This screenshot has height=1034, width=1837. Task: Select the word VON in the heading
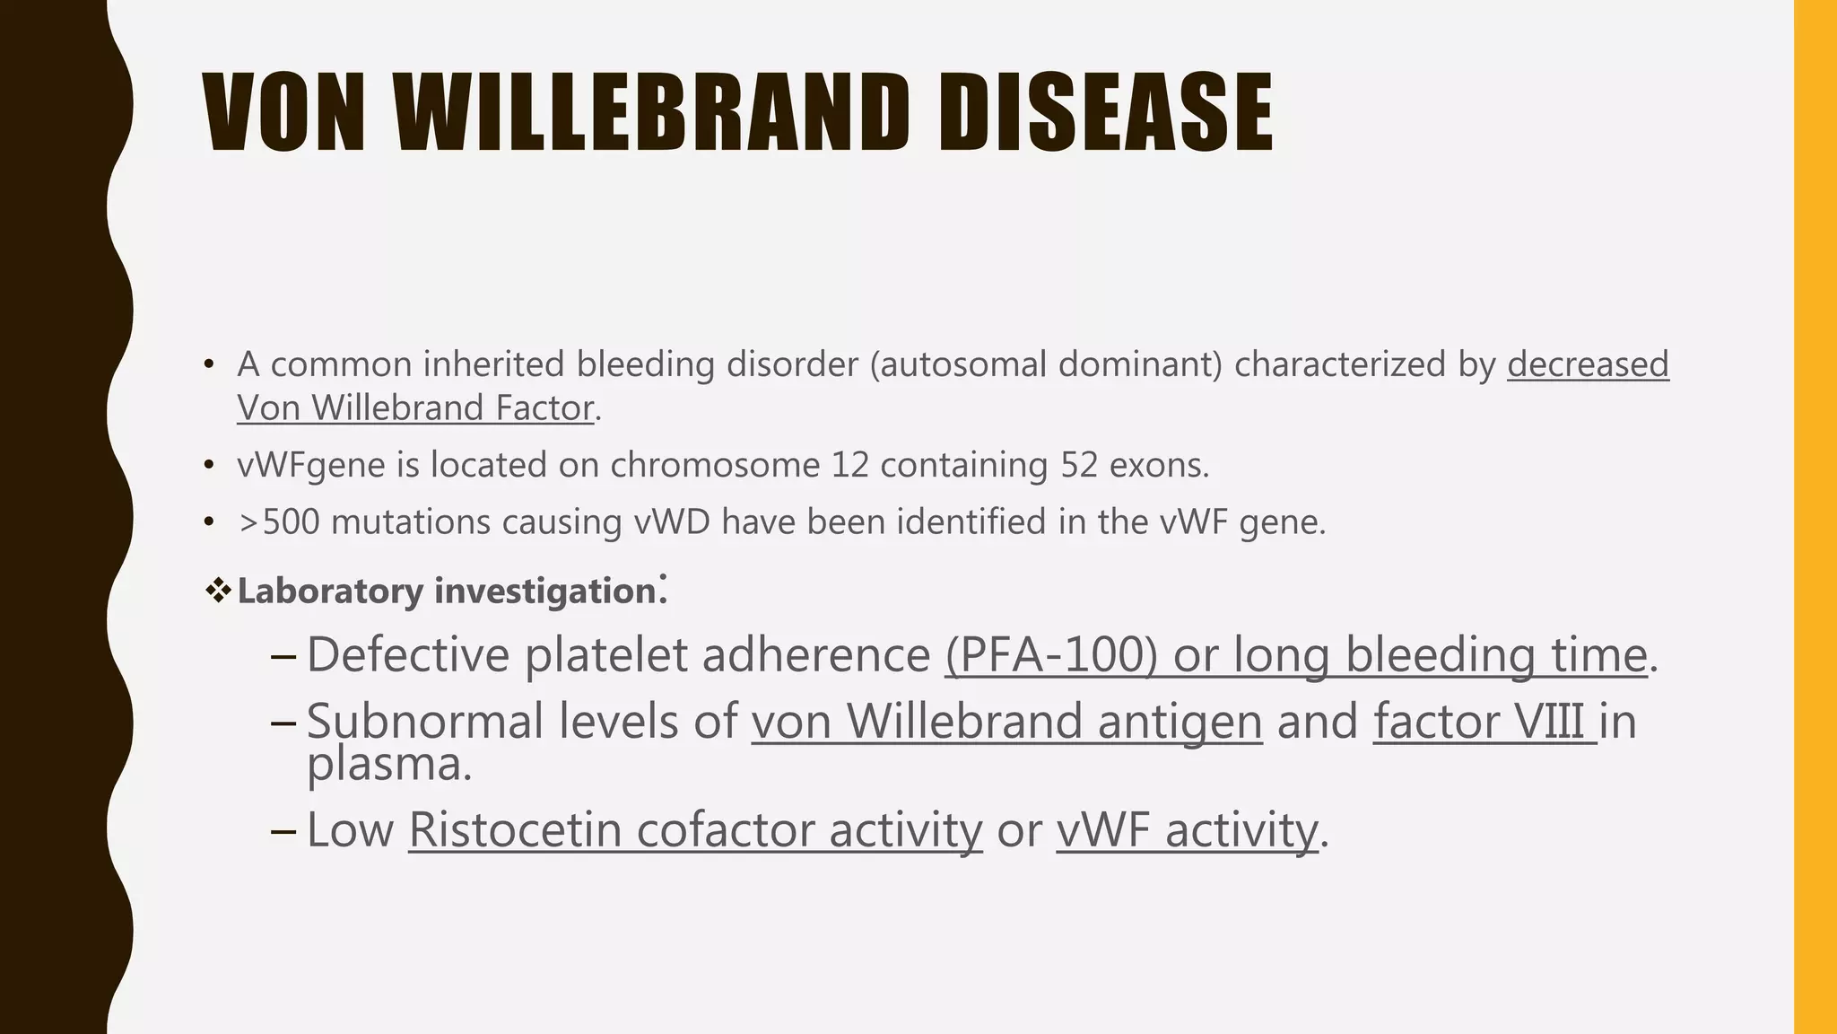pyautogui.click(x=284, y=113)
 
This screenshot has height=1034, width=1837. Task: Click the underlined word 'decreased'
pyautogui.click(x=1588, y=364)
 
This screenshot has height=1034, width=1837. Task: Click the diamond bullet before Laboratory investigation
pyautogui.click(x=218, y=591)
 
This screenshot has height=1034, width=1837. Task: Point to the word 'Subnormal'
pyautogui.click(x=425, y=722)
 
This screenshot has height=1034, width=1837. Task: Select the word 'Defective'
pyautogui.click(x=408, y=654)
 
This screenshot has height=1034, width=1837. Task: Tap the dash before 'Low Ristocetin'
pyautogui.click(x=283, y=830)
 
